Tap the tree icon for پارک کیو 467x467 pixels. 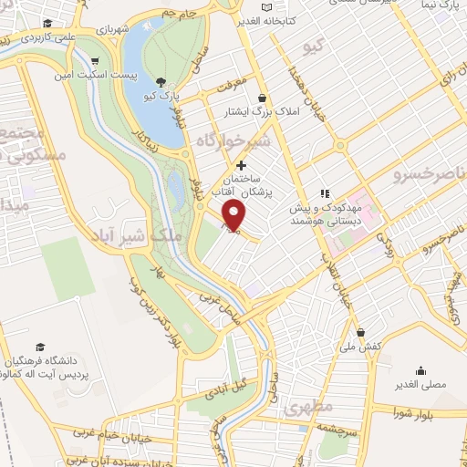tap(161, 82)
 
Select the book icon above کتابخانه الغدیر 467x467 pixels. tap(266, 7)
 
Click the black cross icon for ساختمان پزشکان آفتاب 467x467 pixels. tap(241, 165)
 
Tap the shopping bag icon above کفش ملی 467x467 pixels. tap(361, 332)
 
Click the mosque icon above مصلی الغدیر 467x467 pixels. tap(420, 370)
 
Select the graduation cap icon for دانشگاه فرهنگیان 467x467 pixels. tap(40, 347)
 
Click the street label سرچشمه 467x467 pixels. tap(348, 428)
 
